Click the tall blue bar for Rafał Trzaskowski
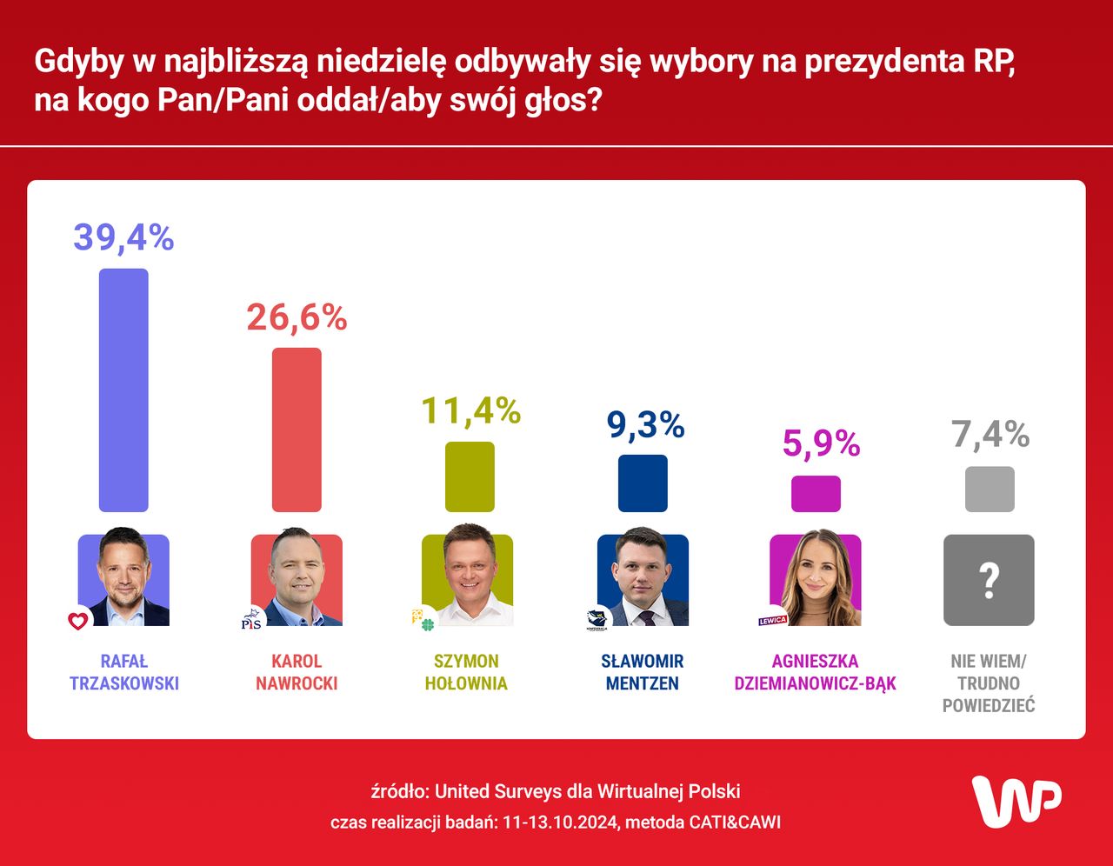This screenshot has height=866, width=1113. (123, 390)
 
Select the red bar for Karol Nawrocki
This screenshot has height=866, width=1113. (297, 430)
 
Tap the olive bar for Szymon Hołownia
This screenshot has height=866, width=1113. (470, 476)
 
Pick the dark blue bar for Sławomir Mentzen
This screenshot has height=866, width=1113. (643, 483)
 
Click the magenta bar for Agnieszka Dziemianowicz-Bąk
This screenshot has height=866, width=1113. (816, 494)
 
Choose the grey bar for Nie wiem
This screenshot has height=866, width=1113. (990, 489)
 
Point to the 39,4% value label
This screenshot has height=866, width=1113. (123, 237)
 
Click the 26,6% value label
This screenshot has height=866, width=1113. (297, 318)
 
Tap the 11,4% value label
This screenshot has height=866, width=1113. (470, 411)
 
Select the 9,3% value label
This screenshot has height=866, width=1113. (645, 425)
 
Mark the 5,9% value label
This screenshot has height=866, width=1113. (821, 443)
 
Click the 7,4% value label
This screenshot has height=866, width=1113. (990, 434)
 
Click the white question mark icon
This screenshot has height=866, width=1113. (989, 580)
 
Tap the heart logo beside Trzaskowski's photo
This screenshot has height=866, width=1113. (78, 621)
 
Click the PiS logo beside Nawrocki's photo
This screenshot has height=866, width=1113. (251, 620)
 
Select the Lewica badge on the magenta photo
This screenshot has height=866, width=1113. (772, 621)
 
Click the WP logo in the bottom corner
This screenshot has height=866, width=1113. (1016, 801)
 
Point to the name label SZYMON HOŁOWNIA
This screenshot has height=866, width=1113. (466, 672)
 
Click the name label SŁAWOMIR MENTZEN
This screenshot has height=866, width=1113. (643, 672)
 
